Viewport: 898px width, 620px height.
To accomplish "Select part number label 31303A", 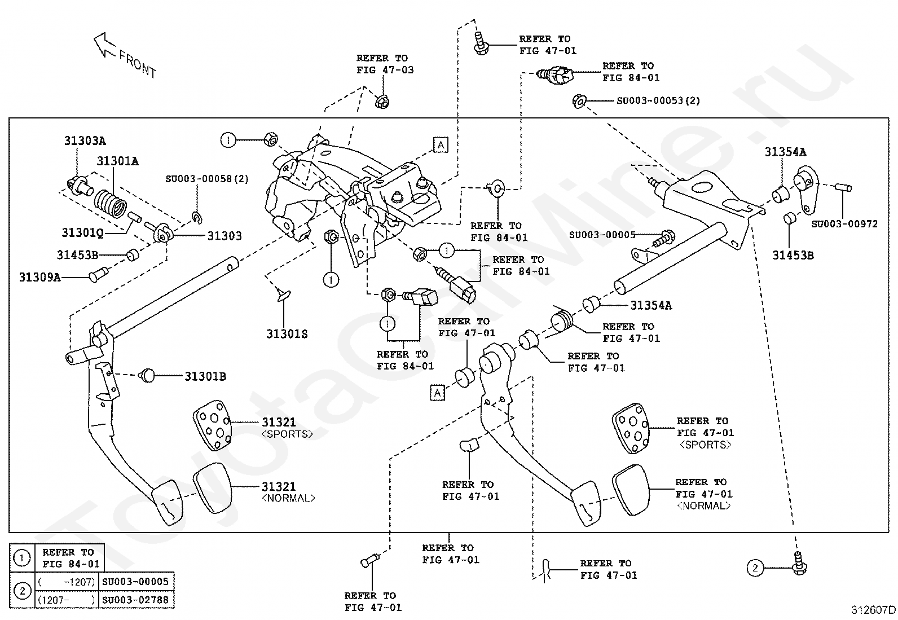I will click(x=84, y=140).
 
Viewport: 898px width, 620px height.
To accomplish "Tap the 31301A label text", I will click(x=117, y=161).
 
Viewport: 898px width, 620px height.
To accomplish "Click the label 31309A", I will click(x=39, y=277).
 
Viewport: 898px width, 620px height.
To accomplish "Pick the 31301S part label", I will click(x=287, y=334).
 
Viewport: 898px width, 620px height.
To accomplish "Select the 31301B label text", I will click(x=205, y=376).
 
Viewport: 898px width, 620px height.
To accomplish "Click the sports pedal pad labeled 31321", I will click(x=212, y=426).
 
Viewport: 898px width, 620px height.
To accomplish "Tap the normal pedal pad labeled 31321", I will click(x=212, y=487).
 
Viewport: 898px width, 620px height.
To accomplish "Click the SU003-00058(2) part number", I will click(x=206, y=179).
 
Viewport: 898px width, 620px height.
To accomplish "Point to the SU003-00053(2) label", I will click(x=658, y=100).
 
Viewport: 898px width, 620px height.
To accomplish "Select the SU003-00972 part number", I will click(x=844, y=223).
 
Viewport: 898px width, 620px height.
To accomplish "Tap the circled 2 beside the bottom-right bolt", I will click(x=755, y=568).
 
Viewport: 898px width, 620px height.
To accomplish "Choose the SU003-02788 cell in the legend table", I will click(x=135, y=600).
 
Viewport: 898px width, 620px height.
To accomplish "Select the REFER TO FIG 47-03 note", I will click(x=385, y=64).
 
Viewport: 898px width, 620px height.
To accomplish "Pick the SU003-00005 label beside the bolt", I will click(x=602, y=235).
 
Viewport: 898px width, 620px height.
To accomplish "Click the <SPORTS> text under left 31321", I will click(x=287, y=434).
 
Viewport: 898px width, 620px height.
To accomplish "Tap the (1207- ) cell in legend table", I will click(x=66, y=600).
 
